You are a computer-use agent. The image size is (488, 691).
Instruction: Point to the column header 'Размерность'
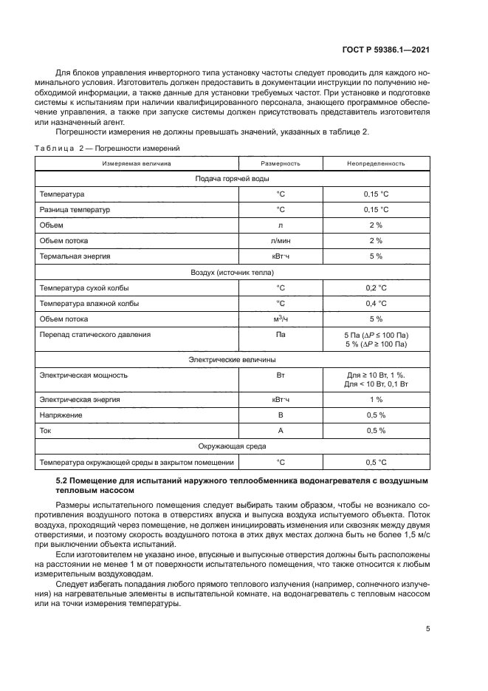pyautogui.click(x=281, y=163)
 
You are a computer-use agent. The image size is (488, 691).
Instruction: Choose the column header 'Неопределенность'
pyautogui.click(x=376, y=163)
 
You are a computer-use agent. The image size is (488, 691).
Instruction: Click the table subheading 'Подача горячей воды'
pyautogui.click(x=231, y=179)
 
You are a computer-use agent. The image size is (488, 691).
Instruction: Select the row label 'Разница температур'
pyautogui.click(x=74, y=210)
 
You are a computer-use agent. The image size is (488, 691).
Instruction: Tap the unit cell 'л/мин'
pyautogui.click(x=281, y=240)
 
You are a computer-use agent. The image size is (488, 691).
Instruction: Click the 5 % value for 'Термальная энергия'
pyautogui.click(x=376, y=256)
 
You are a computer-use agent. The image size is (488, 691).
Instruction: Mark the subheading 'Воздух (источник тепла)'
pyautogui.click(x=231, y=272)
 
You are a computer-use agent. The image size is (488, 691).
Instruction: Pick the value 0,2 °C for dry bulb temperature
pyautogui.click(x=376, y=287)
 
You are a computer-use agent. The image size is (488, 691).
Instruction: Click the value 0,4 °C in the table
pyautogui.click(x=376, y=303)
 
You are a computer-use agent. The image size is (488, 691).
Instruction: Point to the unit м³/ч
pyautogui.click(x=281, y=319)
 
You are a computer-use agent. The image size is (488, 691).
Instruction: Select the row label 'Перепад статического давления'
pyautogui.click(x=96, y=335)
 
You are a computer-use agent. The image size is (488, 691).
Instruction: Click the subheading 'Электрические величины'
pyautogui.click(x=231, y=359)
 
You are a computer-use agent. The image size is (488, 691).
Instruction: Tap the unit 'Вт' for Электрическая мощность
pyautogui.click(x=281, y=375)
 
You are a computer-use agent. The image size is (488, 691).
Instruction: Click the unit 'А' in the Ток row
pyautogui.click(x=281, y=431)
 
